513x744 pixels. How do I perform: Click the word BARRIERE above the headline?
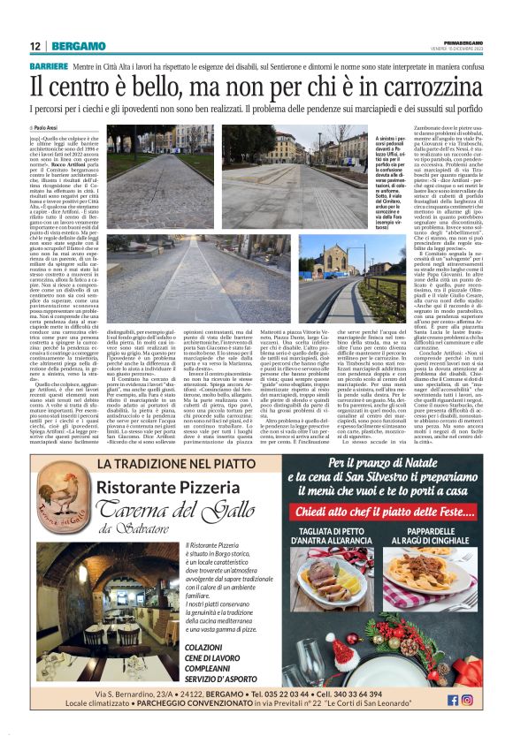tap(53, 66)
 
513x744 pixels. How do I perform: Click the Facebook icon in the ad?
tap(452, 700)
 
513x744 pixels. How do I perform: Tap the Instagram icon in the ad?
tap(467, 700)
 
